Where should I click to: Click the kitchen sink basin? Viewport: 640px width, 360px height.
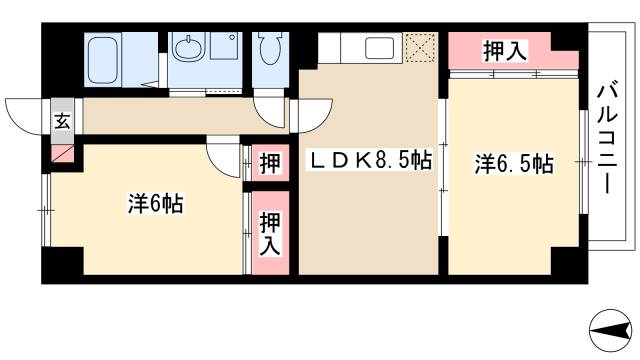(379, 48)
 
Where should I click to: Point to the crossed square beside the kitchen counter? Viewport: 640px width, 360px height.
(420, 47)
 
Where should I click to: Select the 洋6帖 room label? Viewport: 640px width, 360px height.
(154, 204)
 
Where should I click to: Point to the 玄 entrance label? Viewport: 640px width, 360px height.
(62, 123)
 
